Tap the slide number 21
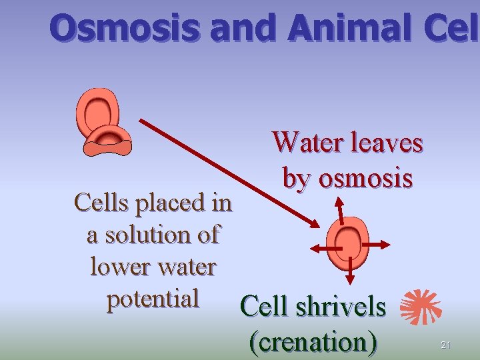(446, 345)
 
